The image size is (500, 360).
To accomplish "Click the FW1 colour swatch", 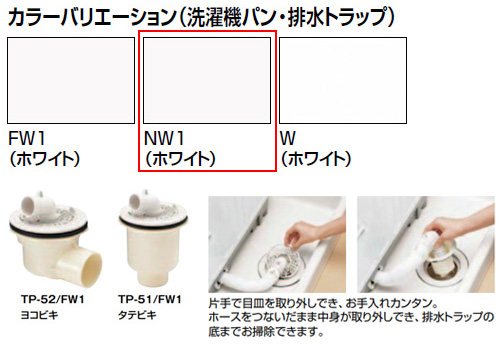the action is tap(71, 80).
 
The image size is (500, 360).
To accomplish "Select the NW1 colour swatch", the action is tap(207, 80).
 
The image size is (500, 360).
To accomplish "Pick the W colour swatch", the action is tap(343, 80).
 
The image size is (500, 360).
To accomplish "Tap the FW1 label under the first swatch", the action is tap(27, 138).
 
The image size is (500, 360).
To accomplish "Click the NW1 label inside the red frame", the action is tap(164, 138).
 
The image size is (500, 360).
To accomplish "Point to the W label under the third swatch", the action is tap(288, 138).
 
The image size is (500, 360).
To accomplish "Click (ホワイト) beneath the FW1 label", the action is tap(44, 159).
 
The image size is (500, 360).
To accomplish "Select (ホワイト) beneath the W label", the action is tap(316, 159).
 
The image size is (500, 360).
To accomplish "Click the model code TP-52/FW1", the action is tap(53, 299).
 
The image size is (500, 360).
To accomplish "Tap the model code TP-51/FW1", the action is tap(150, 299).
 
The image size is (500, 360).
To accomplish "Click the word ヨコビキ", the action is tap(39, 315).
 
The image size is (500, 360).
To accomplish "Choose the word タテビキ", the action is tap(137, 315).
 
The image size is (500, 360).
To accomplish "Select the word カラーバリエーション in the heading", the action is tap(91, 17).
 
